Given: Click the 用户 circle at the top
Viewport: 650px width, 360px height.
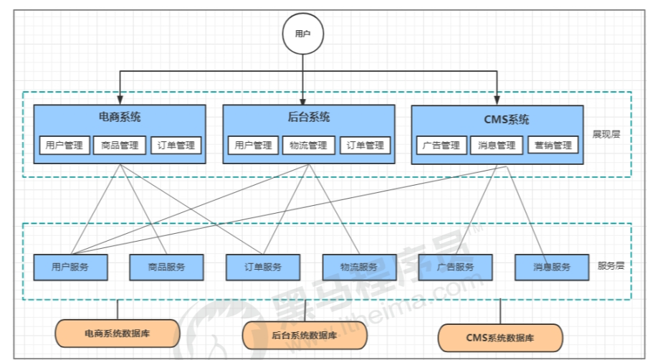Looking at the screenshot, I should tap(303, 34).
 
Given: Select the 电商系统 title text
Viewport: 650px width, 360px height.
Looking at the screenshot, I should tap(120, 117).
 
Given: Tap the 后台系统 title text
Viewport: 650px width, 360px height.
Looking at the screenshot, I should tap(308, 117).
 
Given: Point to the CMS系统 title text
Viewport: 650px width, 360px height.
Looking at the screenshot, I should tap(497, 119).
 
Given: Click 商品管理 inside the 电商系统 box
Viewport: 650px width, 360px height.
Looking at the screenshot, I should tap(120, 146).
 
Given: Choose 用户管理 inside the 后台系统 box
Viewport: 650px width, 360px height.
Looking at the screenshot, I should tap(253, 146).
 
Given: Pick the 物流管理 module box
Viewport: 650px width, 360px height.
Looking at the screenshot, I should tap(308, 146).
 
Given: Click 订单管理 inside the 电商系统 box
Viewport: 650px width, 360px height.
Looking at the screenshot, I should tap(176, 146).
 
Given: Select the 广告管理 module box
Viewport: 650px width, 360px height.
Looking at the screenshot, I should tap(441, 146).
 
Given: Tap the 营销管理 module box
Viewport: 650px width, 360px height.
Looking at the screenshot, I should tap(553, 146).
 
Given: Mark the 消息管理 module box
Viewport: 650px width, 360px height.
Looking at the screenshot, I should tap(497, 146).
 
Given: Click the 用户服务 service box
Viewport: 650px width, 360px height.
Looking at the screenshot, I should tap(70, 267).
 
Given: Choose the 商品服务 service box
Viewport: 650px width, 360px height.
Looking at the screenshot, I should tap(166, 267).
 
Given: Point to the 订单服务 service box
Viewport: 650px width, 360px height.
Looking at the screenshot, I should tap(263, 267).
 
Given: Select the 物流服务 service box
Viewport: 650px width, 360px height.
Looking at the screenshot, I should tap(359, 267).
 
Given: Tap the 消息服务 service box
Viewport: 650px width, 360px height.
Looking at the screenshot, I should tap(552, 267).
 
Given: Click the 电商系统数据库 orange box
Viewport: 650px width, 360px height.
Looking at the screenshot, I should tap(118, 333).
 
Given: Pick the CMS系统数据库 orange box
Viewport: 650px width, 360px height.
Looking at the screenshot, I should tap(500, 337).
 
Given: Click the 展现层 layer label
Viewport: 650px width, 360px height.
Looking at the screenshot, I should tap(607, 134).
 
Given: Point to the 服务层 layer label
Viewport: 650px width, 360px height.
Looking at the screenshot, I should tap(611, 265).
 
